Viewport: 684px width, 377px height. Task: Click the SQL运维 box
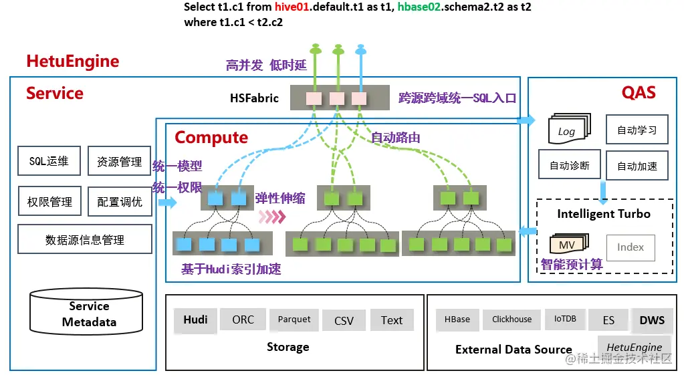click(49, 161)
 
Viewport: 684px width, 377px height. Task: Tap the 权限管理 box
click(49, 201)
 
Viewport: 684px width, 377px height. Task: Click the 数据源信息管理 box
click(84, 239)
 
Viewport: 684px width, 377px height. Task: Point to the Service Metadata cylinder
click(88, 313)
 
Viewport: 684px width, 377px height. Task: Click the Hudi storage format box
click(195, 320)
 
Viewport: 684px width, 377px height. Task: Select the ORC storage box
click(243, 320)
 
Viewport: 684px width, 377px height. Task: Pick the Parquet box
click(294, 320)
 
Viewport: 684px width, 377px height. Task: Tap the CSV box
click(344, 321)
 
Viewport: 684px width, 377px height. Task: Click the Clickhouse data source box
click(511, 320)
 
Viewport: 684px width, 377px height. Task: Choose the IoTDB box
click(564, 319)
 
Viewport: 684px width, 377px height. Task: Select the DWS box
click(651, 320)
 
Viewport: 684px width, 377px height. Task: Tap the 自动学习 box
click(637, 130)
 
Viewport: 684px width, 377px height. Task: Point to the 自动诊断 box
click(570, 165)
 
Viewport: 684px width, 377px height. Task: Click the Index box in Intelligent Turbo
click(630, 247)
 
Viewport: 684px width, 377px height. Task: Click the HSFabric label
click(254, 98)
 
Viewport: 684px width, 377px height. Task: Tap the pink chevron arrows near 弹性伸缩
click(272, 216)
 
